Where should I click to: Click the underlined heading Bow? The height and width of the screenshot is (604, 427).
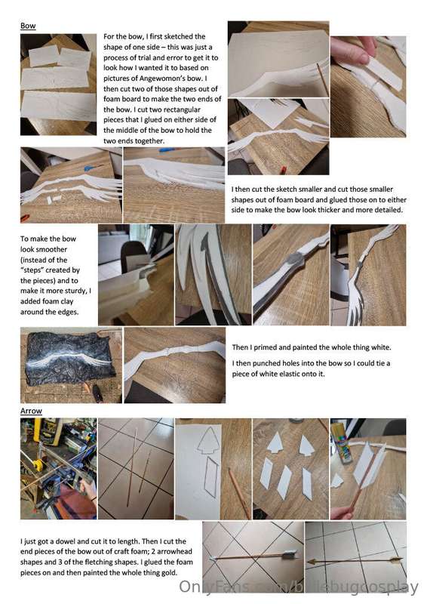[x=28, y=26]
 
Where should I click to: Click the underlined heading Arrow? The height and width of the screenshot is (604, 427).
[x=31, y=411]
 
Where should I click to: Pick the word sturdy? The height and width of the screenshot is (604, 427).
[x=75, y=291]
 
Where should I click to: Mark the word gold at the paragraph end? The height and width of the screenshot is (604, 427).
[x=168, y=572]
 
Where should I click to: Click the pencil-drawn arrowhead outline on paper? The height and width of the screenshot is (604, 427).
[x=208, y=441]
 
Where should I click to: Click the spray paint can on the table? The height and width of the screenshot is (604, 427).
[x=341, y=441]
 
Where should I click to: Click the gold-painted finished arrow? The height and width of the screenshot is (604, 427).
[x=355, y=560]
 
